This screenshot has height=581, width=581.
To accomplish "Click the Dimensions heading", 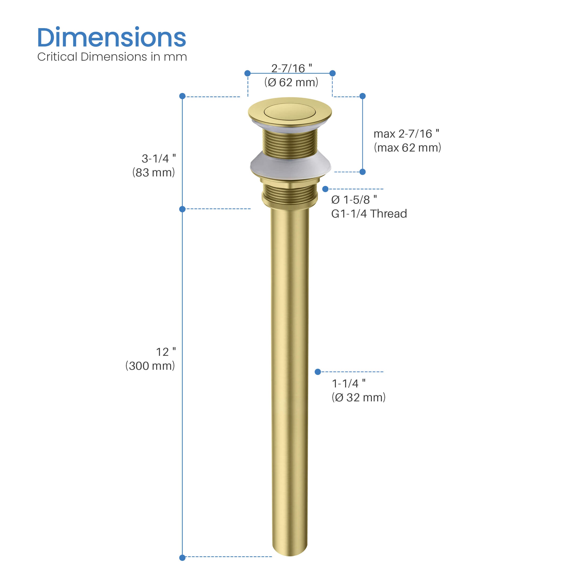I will coord(111,38).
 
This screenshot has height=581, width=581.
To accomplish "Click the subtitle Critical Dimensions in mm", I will coord(112,57).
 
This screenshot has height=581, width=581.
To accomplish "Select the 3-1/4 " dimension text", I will coord(158,158).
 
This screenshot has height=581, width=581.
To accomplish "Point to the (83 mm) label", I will coord(153,173).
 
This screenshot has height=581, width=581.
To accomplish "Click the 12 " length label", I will coord(166,352).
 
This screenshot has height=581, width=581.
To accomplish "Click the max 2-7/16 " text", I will coord(406,134).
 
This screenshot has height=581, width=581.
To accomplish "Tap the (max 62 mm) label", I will coord(407,148).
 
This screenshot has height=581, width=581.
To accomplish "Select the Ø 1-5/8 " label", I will coord(354,200).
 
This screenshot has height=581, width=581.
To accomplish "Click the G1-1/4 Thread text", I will coord(369,214).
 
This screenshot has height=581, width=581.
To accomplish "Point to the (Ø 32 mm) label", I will coord(358,398).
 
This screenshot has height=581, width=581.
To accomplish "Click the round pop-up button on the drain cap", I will coord(290,111).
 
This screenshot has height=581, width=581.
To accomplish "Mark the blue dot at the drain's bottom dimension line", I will coord(182,558).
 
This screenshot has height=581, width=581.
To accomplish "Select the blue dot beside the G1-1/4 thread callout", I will coord(325,189).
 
